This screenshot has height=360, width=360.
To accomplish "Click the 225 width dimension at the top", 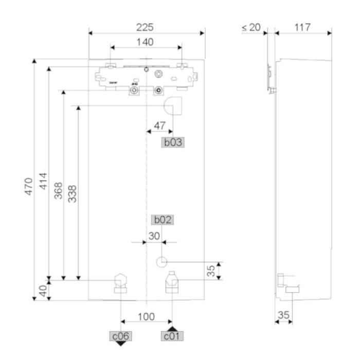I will [147, 27].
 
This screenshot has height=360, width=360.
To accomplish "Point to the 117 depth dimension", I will [302, 27].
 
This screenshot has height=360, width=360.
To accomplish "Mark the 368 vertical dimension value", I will [58, 191].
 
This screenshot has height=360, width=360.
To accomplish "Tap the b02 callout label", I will [163, 220].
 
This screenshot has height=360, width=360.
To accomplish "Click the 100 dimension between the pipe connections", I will [147, 316].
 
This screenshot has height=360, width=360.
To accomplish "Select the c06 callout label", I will [121, 336].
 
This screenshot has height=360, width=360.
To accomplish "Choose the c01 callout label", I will [172, 336].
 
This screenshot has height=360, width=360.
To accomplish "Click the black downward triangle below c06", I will [121, 344].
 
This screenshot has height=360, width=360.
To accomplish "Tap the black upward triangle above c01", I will [172, 328].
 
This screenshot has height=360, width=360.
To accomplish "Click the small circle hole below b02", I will [161, 261].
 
